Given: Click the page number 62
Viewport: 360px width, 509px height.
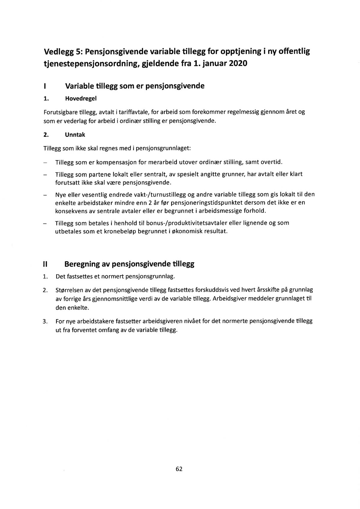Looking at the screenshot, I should (x=179, y=469).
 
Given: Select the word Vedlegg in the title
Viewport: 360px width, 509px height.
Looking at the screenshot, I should (x=59, y=52).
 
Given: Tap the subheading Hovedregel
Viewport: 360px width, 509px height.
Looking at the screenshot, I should (x=81, y=98).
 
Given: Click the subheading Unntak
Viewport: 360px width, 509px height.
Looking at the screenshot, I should (x=75, y=135).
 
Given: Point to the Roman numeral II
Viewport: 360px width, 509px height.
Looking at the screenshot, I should (x=45, y=264).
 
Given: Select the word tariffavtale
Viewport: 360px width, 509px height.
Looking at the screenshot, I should (x=134, y=112).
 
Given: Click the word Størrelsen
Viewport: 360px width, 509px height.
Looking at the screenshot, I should (x=70, y=290).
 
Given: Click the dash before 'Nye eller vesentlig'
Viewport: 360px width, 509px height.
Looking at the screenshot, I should (x=45, y=194).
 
